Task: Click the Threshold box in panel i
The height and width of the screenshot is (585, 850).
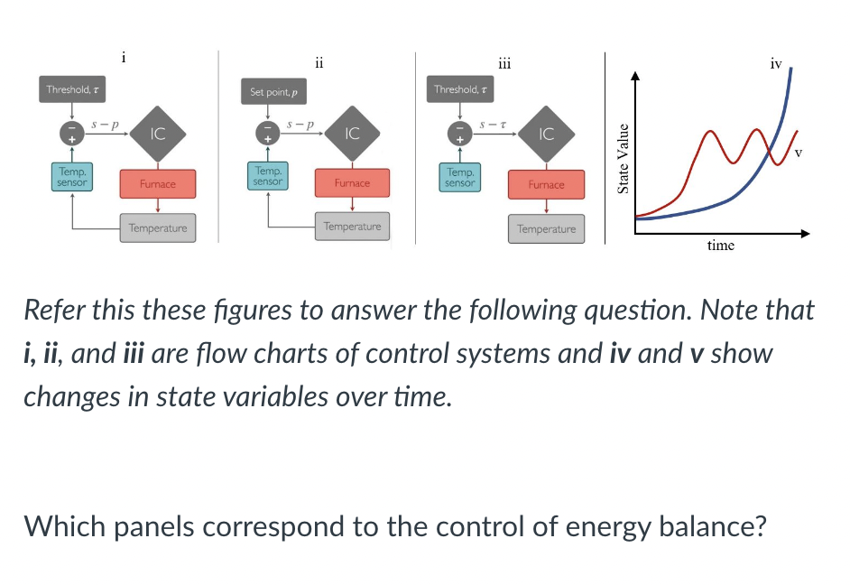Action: point(73,89)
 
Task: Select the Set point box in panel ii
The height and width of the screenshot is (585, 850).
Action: point(273,92)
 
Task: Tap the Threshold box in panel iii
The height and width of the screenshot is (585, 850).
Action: point(461,89)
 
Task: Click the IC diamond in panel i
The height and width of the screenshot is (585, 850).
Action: point(157,134)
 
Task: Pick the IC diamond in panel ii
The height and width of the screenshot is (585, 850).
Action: point(353,133)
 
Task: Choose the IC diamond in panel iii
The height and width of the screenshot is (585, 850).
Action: point(546,135)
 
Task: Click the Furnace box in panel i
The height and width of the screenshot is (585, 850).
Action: point(157,183)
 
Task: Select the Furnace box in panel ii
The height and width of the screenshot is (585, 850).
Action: point(352,182)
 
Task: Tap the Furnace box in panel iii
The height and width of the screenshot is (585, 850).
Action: point(546,184)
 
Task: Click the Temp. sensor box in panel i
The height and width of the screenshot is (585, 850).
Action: point(72,177)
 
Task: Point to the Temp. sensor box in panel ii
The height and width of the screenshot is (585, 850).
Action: point(268,176)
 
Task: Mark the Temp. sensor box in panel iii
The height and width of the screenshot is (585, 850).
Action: point(460,177)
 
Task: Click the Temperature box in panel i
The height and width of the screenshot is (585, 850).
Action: point(157,227)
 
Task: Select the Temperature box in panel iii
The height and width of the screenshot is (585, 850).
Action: point(546,229)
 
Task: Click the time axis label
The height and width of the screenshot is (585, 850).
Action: point(720,246)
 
